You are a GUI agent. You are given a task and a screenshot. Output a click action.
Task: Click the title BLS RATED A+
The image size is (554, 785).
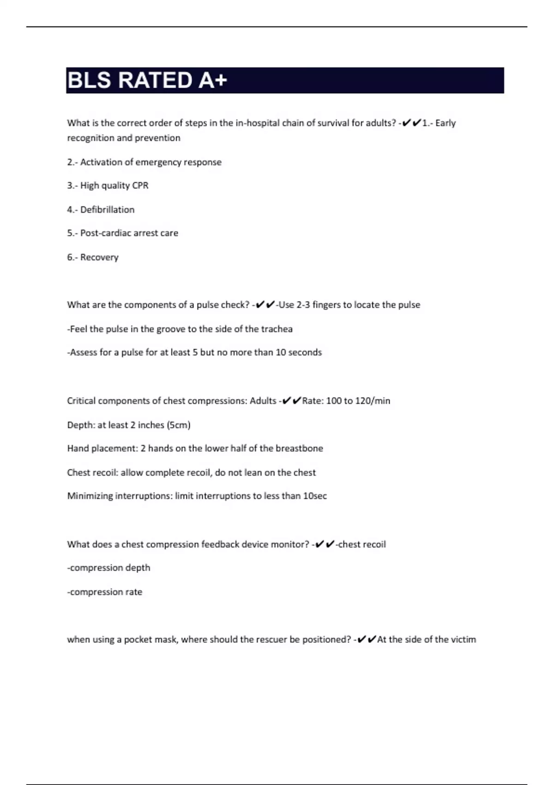tap(147, 80)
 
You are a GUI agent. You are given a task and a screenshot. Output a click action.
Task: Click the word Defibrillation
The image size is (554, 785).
tap(107, 210)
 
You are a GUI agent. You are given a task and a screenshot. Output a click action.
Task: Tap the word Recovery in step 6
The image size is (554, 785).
tap(99, 257)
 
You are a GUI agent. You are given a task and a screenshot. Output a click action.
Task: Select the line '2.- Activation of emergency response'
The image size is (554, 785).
tap(144, 162)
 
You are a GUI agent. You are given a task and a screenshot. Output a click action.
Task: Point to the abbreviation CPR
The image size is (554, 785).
tap(140, 186)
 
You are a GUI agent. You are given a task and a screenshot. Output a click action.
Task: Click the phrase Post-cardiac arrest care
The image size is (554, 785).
tap(129, 233)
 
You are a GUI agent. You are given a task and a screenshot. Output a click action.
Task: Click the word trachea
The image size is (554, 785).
tap(277, 329)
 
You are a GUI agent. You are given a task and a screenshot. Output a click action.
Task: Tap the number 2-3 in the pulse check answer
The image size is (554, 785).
tap(303, 305)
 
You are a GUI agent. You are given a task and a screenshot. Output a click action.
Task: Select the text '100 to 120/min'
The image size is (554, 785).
tap(358, 401)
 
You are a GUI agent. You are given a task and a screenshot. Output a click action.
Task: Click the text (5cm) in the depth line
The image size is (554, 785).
tap(179, 425)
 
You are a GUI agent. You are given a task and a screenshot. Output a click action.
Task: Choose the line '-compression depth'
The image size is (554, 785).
tap(108, 568)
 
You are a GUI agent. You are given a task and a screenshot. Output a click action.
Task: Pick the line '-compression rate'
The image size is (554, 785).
tap(105, 592)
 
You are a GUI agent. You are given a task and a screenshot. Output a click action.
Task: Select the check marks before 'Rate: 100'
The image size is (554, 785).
tap(291, 400)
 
